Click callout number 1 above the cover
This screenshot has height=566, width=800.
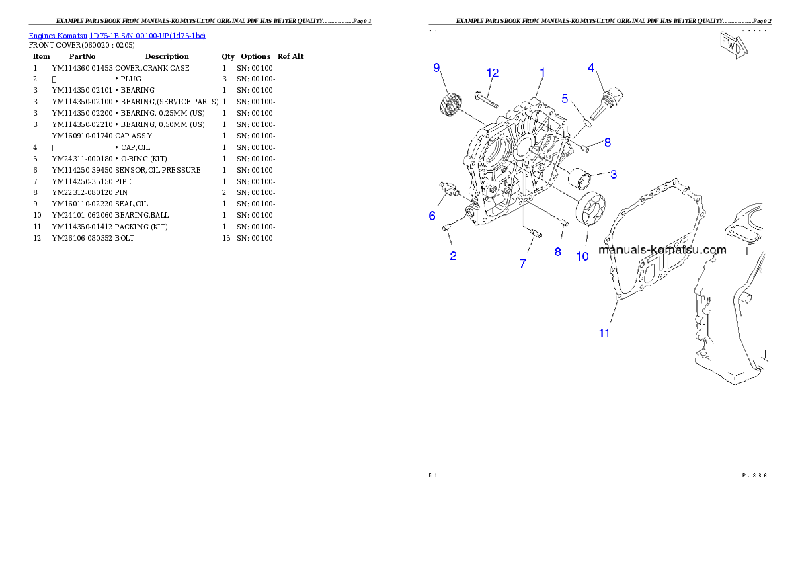542,71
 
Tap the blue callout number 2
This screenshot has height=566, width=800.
454,256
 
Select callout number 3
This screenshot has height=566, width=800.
614,174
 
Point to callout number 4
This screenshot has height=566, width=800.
591,67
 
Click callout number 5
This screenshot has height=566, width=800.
565,98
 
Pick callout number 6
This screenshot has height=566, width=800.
432,216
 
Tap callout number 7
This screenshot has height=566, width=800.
522,264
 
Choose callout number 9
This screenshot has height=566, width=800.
436,67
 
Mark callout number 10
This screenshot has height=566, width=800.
582,256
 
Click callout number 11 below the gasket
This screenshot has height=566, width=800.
604,333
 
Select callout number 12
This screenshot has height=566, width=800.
493,73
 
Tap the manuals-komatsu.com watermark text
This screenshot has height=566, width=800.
662,250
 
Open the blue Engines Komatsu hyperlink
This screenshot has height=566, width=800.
117,35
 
